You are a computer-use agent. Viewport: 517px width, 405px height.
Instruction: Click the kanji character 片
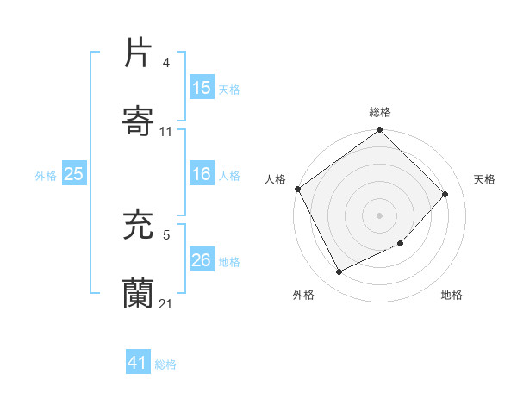pos(138,53)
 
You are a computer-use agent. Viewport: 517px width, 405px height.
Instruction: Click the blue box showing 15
pos(202,87)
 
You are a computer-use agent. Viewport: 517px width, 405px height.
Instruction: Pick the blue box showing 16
pos(202,174)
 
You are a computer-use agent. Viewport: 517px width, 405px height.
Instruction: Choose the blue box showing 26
pos(202,259)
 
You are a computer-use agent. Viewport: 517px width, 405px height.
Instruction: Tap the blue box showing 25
pos(74,174)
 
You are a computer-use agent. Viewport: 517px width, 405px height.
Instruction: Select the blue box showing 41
pos(138,364)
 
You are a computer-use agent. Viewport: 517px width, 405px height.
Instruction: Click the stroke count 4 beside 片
pos(166,63)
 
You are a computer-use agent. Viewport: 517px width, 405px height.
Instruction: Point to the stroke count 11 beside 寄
pos(166,132)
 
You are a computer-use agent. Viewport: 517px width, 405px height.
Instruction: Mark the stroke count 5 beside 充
pos(166,234)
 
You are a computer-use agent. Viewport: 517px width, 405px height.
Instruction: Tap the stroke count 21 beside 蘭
pos(166,303)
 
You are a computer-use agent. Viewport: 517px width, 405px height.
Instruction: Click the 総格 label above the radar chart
pos(380,112)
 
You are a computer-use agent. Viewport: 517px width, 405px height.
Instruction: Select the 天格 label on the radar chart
pos(484,179)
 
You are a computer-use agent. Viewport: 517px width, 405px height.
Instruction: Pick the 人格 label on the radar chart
pos(275,179)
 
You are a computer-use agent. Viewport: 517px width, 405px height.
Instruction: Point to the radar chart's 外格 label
pos(303,295)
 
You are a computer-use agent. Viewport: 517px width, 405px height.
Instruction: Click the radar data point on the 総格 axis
pos(380,131)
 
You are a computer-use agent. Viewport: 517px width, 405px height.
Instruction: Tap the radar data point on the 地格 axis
pos(401,244)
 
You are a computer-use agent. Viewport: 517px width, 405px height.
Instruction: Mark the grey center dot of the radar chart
pos(380,215)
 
